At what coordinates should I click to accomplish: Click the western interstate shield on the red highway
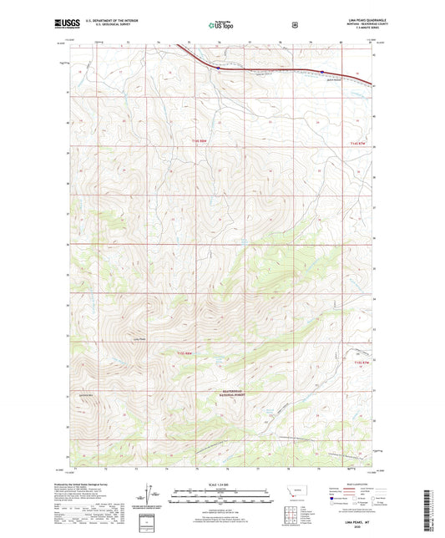[x=218, y=67]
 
